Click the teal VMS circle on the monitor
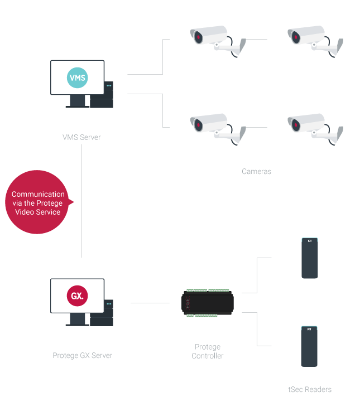[x=77, y=78]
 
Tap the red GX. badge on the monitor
[x=77, y=295]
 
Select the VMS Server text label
[x=81, y=138]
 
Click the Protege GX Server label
[x=82, y=355]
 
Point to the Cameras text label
[x=256, y=172]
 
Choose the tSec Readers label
[x=309, y=389]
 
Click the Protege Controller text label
[x=208, y=351]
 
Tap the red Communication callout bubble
[x=38, y=203]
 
